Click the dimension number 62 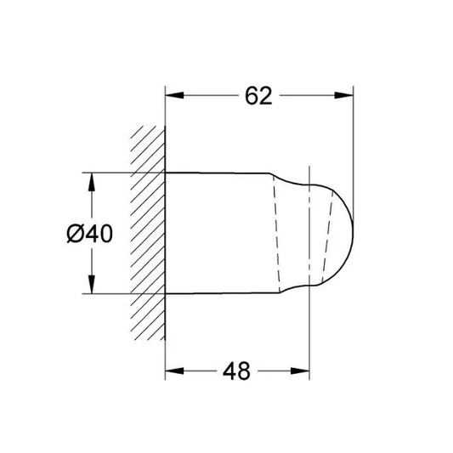258,96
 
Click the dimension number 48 236,371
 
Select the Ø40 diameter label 89,234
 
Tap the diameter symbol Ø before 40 75,234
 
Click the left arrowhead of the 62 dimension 174,95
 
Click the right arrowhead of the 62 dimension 344,95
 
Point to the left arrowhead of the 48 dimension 174,371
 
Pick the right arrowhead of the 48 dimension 300,371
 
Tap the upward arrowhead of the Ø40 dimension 92,182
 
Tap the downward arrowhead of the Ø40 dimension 92,284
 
